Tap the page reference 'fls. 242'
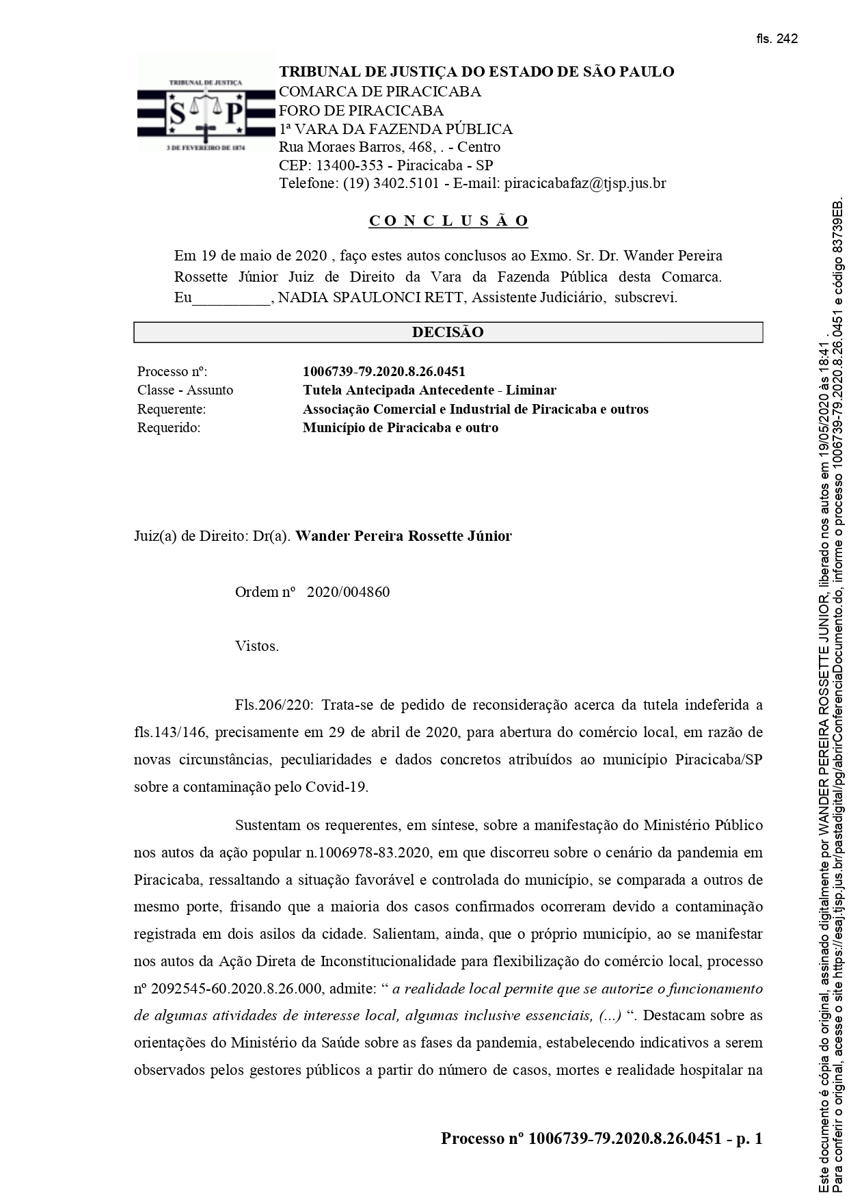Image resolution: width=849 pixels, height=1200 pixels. click(x=777, y=39)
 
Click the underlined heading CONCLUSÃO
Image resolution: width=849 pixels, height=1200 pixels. click(x=448, y=221)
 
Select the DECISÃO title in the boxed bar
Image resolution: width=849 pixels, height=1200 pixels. click(x=448, y=332)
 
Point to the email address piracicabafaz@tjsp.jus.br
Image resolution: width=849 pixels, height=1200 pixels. click(x=585, y=183)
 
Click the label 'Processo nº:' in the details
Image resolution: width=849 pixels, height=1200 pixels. click(x=172, y=372)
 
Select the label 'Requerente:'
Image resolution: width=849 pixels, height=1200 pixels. click(x=172, y=409)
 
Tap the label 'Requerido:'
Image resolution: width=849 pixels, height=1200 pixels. click(x=169, y=428)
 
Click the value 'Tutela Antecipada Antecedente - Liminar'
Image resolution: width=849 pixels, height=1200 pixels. click(x=429, y=390)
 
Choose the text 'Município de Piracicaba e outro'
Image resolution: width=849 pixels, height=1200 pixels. click(x=401, y=428)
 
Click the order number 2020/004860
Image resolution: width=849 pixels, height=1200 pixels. click(x=349, y=592)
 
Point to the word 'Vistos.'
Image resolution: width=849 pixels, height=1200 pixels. click(x=257, y=646)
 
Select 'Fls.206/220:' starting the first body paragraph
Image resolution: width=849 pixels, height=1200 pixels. click(x=274, y=705)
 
